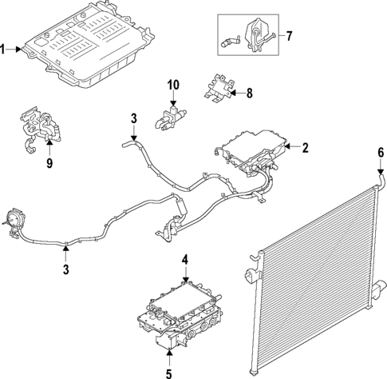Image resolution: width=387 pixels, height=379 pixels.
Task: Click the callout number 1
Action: pos(4,50)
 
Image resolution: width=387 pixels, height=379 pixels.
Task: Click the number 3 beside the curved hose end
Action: pos(134,121)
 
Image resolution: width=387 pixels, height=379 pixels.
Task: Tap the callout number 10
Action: pos(174,85)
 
